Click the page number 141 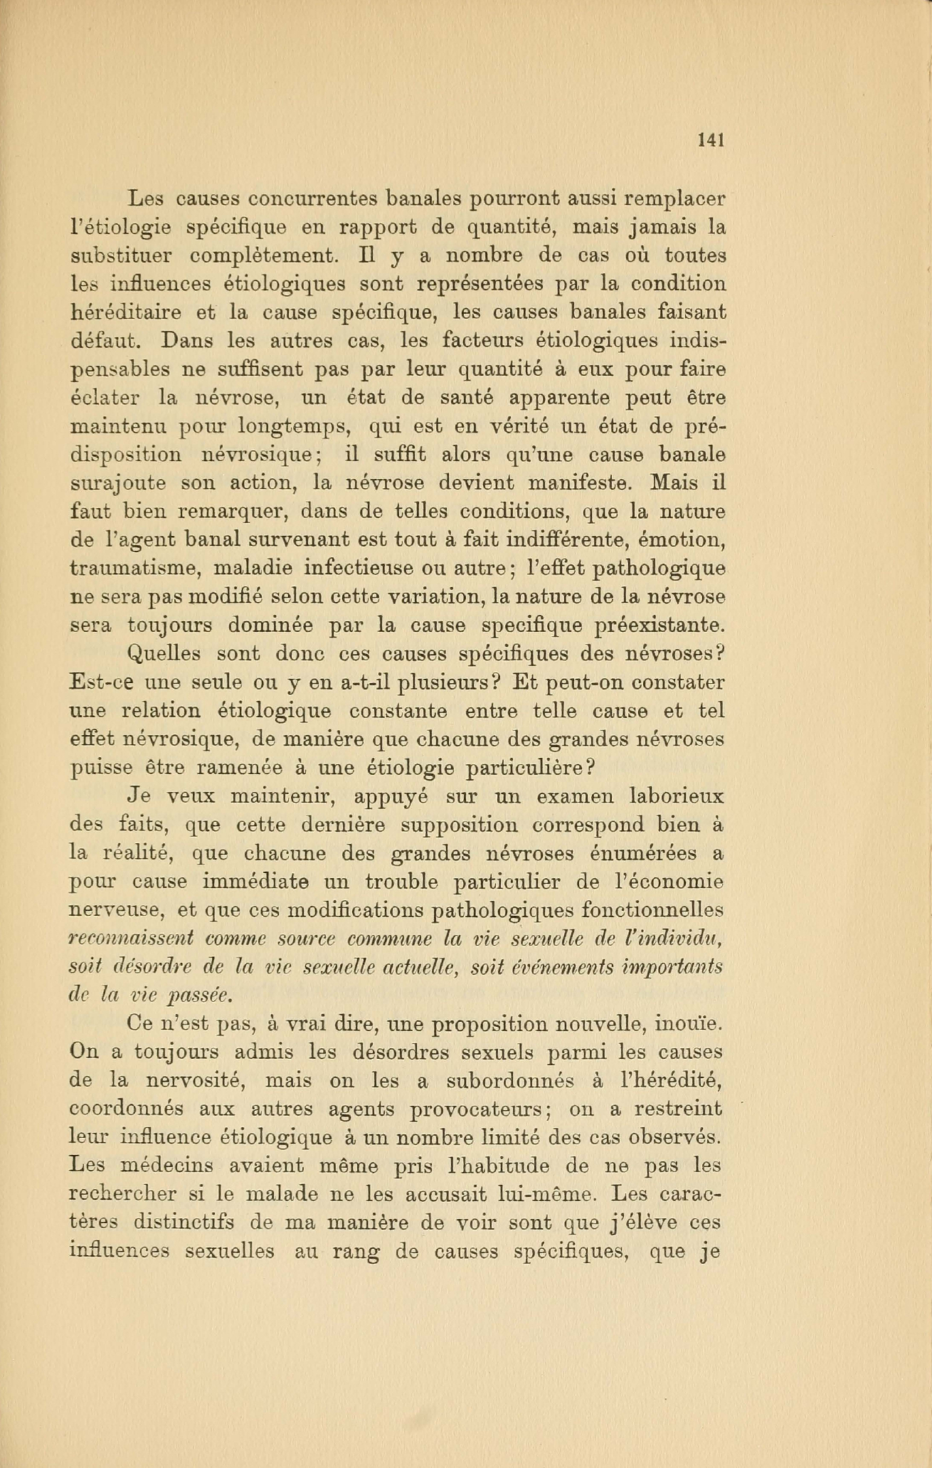(711, 140)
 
